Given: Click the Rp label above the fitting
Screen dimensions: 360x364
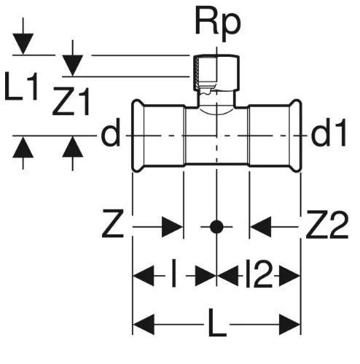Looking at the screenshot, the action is coord(218,24).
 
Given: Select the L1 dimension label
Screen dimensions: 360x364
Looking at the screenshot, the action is coord(21,86).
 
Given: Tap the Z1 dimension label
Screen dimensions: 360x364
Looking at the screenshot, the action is coord(71,101).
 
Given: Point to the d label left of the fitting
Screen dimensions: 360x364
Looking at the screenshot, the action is coord(111,132).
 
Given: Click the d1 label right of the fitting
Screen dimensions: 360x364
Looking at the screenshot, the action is coord(329,132).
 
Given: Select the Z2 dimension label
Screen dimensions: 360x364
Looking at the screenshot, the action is coord(327,223).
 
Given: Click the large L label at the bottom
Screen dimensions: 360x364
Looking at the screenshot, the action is coord(217,323).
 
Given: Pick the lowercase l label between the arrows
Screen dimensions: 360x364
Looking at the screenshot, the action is coord(174,274).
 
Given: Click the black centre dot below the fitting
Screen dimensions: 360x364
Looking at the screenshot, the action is coord(216,227).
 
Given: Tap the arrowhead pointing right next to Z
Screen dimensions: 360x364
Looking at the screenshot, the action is coord(172,227).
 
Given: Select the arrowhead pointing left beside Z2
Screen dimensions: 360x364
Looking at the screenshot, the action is coord(260,227).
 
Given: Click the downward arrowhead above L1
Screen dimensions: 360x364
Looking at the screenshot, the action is coord(23,44).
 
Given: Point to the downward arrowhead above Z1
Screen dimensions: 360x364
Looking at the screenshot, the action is coord(73,66).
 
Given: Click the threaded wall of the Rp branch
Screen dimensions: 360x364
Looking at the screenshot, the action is coord(196,72).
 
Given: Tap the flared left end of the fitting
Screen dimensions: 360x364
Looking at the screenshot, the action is coord(138,136).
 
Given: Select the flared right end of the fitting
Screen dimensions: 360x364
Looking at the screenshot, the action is coord(296,136).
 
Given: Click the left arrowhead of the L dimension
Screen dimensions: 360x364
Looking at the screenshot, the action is coord(144,324).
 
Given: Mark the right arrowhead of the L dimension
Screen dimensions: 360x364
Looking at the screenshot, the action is coord(289,324).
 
